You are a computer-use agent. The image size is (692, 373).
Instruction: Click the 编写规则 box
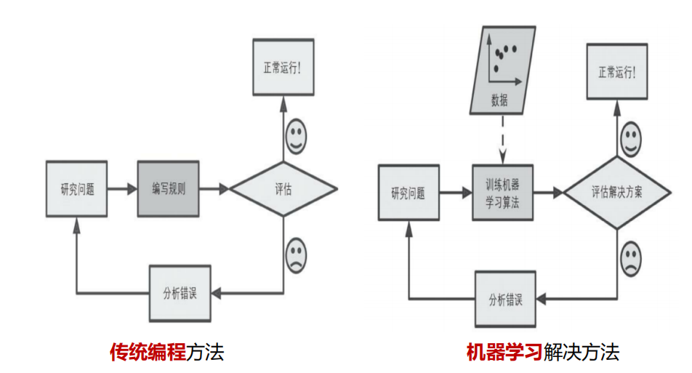(168, 189)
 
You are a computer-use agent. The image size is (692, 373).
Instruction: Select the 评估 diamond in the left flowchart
(283, 189)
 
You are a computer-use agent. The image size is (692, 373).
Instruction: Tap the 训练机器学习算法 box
(502, 193)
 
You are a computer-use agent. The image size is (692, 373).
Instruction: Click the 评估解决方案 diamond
(617, 193)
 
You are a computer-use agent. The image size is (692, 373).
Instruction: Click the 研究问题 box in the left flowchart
(76, 189)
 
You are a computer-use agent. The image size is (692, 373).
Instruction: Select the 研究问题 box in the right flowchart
(408, 193)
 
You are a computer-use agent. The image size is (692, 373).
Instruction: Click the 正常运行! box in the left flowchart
(283, 68)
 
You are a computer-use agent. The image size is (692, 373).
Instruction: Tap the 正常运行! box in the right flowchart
(616, 72)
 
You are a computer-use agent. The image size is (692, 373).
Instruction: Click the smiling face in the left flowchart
(296, 137)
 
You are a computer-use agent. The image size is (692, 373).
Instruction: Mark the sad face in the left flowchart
(296, 254)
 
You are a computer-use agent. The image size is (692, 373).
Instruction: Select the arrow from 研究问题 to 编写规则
(121, 189)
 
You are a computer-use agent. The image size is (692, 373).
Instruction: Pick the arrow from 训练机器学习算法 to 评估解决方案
(549, 193)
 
